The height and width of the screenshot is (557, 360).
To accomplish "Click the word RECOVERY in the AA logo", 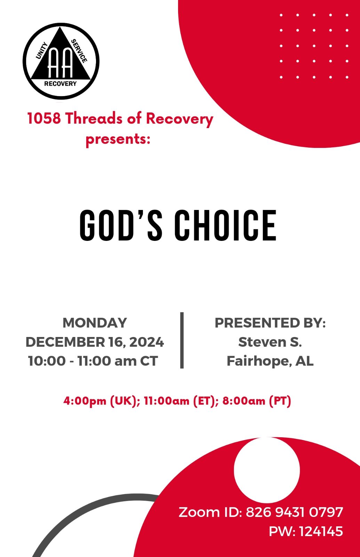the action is coord(61,84).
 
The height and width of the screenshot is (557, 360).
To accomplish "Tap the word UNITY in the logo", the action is coord(42,51).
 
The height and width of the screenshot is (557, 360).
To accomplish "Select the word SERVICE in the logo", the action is coord(79,51).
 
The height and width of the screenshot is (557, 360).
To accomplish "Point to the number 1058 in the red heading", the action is coord(44,118).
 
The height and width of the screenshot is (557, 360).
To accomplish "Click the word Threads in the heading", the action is coord(94,118).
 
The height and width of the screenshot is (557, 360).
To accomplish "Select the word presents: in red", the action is coord(118,139).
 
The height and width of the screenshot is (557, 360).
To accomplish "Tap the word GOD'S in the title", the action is coord(121,225).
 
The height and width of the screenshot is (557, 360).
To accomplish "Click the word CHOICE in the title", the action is coord(225,225).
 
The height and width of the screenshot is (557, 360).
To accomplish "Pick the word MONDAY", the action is coord(95,323).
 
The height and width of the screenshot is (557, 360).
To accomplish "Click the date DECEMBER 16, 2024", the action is coord(95,342).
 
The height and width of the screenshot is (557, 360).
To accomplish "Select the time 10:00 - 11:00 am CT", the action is coord(93,361).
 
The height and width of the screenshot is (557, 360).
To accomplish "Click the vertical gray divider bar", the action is coord(182,340).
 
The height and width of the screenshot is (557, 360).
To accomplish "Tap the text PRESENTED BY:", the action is coord(270,323).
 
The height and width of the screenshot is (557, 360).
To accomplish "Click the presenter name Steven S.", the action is coord(270,342).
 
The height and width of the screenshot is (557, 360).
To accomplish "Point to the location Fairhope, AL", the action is coord(270,361).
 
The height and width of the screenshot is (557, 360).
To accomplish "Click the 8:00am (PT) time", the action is coord(256,401).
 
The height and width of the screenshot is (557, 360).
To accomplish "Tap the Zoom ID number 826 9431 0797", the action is coord(294,512).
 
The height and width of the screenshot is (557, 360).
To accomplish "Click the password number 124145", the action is coord(321,531).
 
